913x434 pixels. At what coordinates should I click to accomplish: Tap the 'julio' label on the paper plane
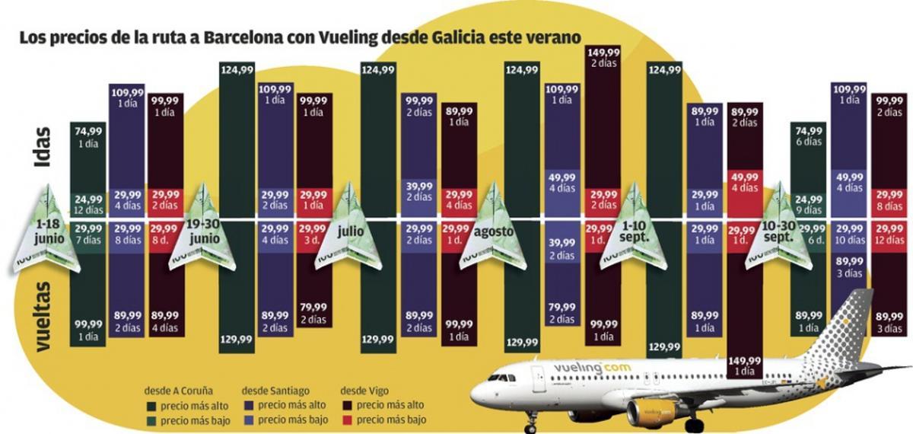[351, 229]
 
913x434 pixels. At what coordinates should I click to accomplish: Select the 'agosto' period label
[495, 230]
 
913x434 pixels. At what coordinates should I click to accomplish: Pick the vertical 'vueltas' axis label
[43, 317]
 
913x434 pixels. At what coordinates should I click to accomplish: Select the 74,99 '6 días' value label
[810, 136]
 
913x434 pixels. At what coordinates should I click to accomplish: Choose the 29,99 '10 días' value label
[849, 234]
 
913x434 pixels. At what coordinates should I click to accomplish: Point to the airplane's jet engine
[653, 412]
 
